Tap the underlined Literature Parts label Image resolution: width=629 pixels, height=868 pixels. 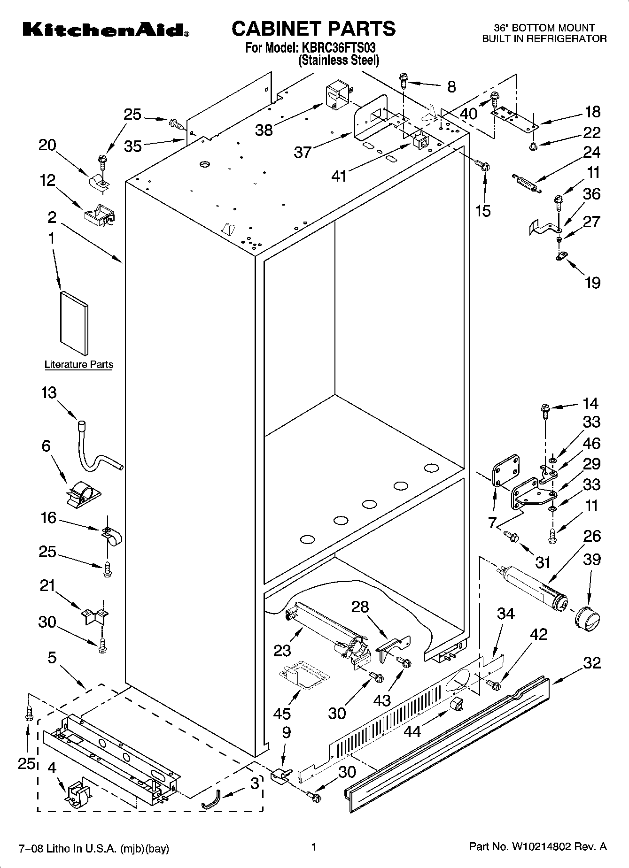click(x=79, y=364)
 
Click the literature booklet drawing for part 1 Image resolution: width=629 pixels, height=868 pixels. click(x=74, y=323)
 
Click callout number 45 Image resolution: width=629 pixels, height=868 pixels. click(x=282, y=714)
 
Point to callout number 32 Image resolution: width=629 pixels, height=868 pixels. click(x=592, y=662)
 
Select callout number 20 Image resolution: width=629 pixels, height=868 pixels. click(x=47, y=146)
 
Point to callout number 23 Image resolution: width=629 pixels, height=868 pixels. click(x=282, y=650)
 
